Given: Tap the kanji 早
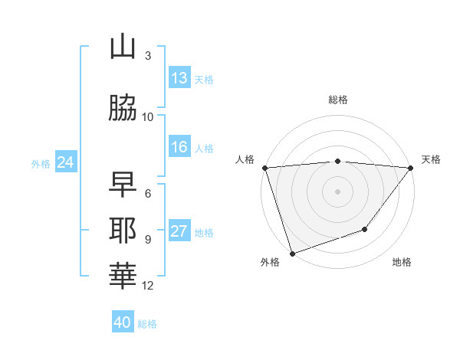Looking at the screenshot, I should tap(123, 185).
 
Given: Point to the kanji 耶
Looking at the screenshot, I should tap(123, 230).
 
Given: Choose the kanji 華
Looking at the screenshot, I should tap(123, 274).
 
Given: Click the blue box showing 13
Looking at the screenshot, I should tap(179, 78).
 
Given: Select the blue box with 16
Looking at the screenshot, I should tap(179, 147).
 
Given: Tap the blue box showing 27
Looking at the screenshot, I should tap(179, 232).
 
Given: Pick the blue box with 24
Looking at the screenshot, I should tap(65, 162).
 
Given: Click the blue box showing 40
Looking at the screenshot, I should tap(123, 322).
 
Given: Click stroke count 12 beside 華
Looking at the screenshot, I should tap(148, 286).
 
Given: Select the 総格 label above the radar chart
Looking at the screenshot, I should tap(338, 100).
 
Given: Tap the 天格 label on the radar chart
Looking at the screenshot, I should tap(432, 159).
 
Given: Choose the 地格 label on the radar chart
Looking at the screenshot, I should tap(402, 263).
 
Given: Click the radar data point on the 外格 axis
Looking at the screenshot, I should tap(291, 253).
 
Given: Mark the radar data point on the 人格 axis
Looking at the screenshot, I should tap(264, 168).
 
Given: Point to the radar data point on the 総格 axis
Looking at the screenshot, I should tap(338, 161).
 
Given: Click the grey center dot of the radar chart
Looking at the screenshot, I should tap(338, 191).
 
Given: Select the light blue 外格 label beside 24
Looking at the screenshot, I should tap(41, 163).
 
